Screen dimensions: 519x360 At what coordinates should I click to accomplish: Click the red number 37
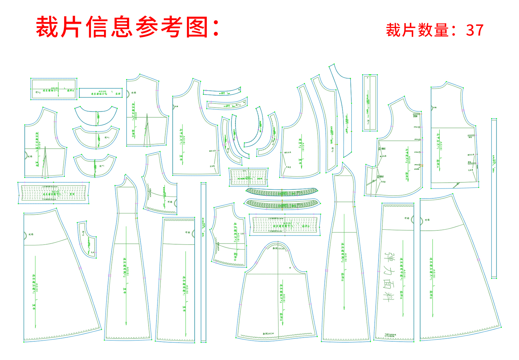[475, 30]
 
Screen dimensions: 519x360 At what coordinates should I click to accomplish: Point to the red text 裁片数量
[417, 30]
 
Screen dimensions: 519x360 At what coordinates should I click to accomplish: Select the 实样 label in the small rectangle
[118, 94]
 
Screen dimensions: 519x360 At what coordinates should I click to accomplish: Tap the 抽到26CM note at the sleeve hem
[268, 334]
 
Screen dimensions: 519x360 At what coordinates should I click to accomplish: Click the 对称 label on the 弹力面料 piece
[406, 218]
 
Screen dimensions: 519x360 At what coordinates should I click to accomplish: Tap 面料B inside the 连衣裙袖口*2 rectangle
[70, 91]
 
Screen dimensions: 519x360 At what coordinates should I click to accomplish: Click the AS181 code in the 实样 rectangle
[102, 91]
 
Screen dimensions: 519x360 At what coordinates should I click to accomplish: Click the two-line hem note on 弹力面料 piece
[390, 336]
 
